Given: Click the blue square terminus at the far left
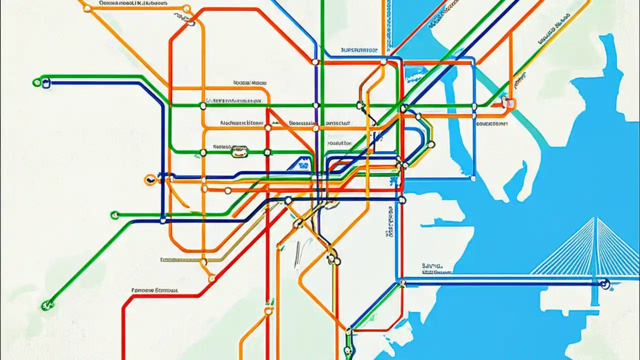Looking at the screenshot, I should [46, 83].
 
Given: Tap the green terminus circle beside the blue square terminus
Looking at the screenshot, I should [36, 82].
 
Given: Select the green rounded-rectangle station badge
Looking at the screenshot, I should [240, 152].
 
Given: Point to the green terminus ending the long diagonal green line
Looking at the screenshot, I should [47, 303].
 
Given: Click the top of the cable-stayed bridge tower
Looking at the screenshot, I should [595, 218].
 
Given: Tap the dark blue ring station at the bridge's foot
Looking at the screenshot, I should [606, 285].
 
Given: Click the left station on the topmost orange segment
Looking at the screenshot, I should [87, 8].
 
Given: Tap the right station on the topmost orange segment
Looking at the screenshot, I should [186, 8].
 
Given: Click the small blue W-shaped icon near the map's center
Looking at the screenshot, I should [302, 163].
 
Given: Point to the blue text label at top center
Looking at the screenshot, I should [358, 50].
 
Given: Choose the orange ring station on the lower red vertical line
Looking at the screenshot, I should [268, 311].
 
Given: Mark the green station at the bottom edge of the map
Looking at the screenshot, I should [348, 350].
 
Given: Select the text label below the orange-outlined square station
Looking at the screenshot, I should [492, 123].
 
